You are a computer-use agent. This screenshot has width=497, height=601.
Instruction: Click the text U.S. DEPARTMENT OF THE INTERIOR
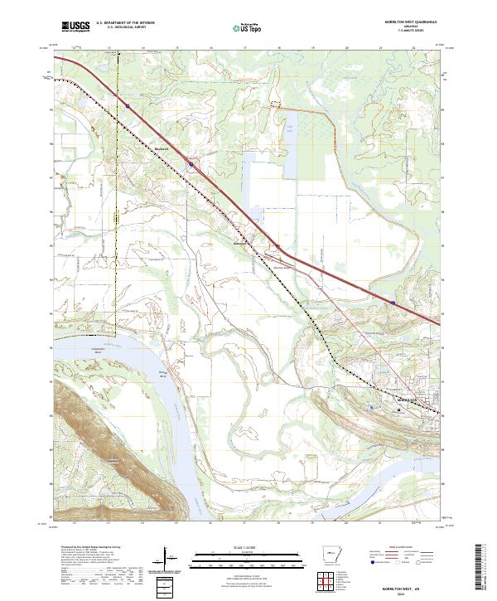point(126,23)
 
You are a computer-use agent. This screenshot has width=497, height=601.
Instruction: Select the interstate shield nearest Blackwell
point(191,164)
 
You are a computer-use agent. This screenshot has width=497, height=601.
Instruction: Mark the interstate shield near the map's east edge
point(393,303)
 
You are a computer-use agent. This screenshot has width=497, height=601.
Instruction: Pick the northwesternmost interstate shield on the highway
point(129,105)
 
